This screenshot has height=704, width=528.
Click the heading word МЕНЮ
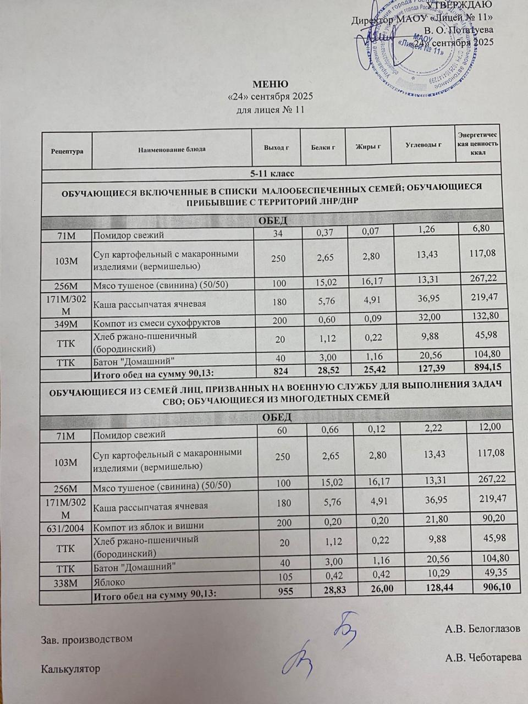pos(269,84)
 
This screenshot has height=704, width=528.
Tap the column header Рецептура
pos(67,150)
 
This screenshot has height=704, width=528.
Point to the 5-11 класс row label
pos(272,174)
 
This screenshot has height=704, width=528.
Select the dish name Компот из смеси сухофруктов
pos(157,322)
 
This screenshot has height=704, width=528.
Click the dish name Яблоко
pos(109,582)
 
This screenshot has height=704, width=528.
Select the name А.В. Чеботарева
pos(483,657)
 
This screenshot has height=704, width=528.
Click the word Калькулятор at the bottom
pos(71,669)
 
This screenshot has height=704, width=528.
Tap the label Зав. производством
pos(87,640)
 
